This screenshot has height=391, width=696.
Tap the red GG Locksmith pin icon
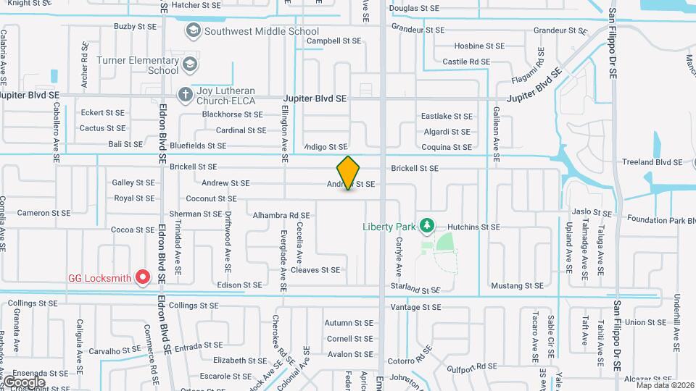click(143, 277)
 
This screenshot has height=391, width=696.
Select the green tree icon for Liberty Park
click(428, 227)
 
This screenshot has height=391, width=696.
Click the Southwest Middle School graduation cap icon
click(194, 31)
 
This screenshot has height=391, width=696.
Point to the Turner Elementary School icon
click(190, 64)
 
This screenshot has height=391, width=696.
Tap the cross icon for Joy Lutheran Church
click(185, 93)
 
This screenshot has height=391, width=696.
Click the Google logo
click(24, 382)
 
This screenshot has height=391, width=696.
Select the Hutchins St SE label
click(473, 227)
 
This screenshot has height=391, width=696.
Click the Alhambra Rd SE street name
click(281, 215)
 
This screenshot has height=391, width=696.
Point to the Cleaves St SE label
click(315, 270)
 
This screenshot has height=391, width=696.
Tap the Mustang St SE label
click(517, 287)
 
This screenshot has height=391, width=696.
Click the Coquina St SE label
click(447, 147)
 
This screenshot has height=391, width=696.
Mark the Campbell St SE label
click(333, 41)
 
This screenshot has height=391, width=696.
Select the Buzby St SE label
click(135, 26)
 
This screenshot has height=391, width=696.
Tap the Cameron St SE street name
click(43, 213)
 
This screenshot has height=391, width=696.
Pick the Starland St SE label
click(415, 288)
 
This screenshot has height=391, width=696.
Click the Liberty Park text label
click(389, 227)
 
